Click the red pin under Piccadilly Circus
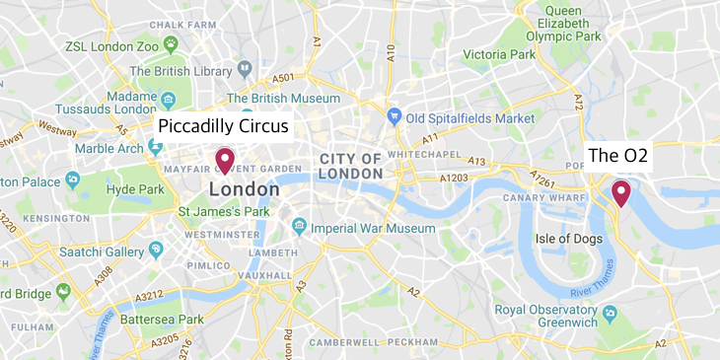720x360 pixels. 225,160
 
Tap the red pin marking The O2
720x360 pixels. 621,191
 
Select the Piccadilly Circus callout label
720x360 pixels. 224,126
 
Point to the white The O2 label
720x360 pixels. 617,156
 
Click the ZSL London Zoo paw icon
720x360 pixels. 172,43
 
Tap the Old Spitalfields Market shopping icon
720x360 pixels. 395,116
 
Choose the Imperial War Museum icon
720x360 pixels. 299,228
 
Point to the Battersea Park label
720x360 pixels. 162,320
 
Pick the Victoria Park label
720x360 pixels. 498,52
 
